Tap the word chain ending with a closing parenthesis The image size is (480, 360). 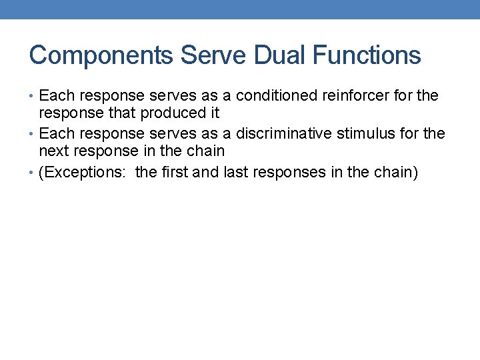point(397,173)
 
